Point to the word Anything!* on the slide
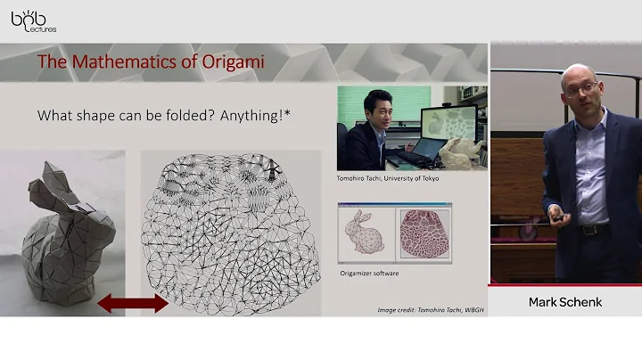(x=282, y=116)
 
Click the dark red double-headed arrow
(x=132, y=303)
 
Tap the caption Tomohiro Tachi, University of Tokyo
(x=388, y=178)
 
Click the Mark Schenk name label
(x=565, y=302)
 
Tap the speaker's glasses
(x=581, y=87)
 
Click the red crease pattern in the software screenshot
(x=419, y=233)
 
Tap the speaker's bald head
(x=579, y=71)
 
